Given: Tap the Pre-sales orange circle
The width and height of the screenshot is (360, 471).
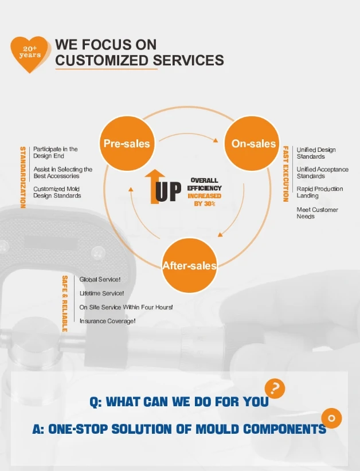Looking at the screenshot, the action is pos(126,144).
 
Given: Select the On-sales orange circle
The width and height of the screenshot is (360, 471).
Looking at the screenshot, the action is pos(253,144).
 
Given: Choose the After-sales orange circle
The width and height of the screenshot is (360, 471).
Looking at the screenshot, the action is pos(190,265).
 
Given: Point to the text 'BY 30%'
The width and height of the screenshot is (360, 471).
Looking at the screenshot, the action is pos(205,203).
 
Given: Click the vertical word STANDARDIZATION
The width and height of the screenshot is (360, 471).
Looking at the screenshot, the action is pos(23,177).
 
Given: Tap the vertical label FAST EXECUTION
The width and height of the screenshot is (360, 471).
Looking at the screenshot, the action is pos(285,174).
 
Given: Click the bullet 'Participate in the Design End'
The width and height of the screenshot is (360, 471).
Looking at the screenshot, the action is pos(56,152).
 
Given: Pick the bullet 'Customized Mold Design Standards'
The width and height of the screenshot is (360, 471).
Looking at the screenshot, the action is pos(57,192).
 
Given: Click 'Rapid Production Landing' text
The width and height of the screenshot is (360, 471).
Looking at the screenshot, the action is pos(319,192).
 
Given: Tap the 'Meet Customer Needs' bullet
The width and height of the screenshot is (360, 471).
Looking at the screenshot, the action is pos(317,213).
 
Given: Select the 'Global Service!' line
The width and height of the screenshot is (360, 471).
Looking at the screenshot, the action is pos(100,280).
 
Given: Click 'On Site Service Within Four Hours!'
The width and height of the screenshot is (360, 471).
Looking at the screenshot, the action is pos(126,307).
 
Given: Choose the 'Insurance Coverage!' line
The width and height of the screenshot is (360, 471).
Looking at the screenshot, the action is pos(107,321).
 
